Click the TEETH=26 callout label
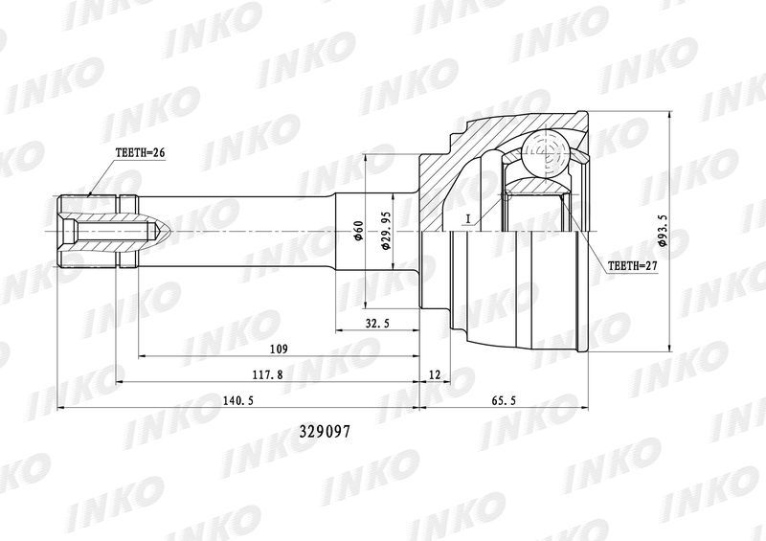coord(140,152)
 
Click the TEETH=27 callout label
coord(633,266)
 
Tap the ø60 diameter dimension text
coord(358,231)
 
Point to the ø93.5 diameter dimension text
coord(664,230)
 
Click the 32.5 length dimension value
coord(377,324)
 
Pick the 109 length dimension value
coord(279,349)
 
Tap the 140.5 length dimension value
coord(237,401)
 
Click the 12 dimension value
coord(435,374)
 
